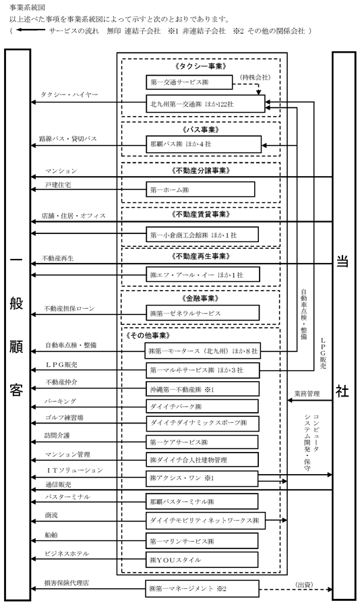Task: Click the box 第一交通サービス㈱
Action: tap(189, 82)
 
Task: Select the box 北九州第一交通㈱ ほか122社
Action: tap(206, 104)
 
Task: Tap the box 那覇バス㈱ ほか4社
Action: tap(204, 144)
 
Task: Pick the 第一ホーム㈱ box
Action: tap(200, 190)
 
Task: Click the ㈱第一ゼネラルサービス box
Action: tap(202, 313)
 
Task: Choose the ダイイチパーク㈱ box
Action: tap(202, 406)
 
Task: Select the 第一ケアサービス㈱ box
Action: tap(202, 442)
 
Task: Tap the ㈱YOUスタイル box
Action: tap(202, 559)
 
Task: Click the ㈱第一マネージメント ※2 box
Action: tap(202, 589)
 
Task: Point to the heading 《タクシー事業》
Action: tap(201, 66)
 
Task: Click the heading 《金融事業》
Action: tap(201, 298)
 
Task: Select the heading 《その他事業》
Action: tap(148, 336)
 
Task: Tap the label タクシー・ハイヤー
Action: tap(69, 94)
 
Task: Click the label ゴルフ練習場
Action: tap(64, 418)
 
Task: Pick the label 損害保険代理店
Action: tap(67, 583)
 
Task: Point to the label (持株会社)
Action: tap(255, 77)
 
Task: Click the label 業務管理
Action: tap(307, 394)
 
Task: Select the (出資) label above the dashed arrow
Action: tap(304, 585)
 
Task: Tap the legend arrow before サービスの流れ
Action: tap(30, 31)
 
